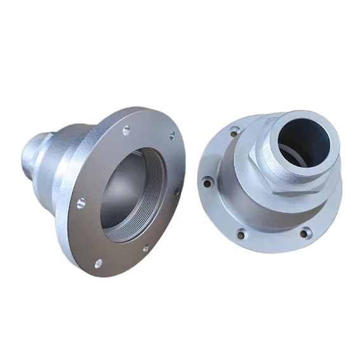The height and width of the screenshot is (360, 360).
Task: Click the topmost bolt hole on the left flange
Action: [x=126, y=129]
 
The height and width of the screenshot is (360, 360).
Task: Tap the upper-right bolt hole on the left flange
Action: [x=171, y=135]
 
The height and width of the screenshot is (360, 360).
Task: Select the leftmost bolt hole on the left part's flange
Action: [x=81, y=203]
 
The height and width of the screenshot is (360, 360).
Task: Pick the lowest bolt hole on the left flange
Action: [x=98, y=262]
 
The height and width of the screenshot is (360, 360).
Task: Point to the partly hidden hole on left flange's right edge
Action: [x=178, y=190]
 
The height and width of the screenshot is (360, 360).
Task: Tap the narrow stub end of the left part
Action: [x=30, y=152]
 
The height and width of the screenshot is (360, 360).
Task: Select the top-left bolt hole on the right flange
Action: [x=234, y=132]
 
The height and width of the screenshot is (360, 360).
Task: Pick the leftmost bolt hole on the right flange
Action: [x=206, y=183]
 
